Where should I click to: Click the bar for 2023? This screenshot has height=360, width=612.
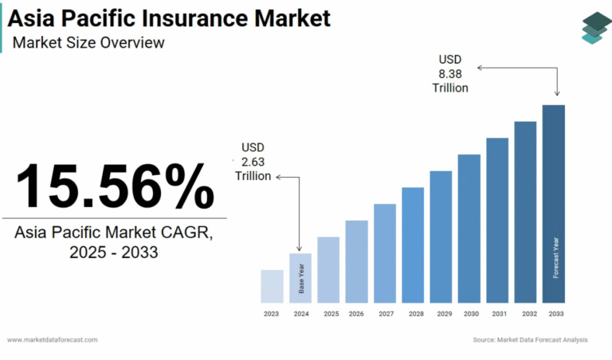pyautogui.click(x=272, y=286)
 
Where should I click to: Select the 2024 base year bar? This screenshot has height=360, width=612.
pyautogui.click(x=300, y=278)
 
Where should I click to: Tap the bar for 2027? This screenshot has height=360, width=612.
pyautogui.click(x=384, y=253)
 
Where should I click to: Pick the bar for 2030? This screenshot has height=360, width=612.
pyautogui.click(x=469, y=229)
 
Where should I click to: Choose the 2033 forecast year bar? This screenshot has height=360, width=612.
pyautogui.click(x=554, y=204)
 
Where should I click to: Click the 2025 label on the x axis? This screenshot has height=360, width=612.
pyautogui.click(x=331, y=315)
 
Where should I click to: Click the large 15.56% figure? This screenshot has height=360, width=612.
pyautogui.click(x=115, y=186)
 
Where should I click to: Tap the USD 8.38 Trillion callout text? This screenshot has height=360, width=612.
pyautogui.click(x=451, y=73)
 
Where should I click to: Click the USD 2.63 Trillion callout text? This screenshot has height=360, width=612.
pyautogui.click(x=253, y=162)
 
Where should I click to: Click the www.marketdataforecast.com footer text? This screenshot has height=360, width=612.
pyautogui.click(x=53, y=340)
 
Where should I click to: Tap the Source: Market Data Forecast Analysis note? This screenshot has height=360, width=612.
pyautogui.click(x=529, y=340)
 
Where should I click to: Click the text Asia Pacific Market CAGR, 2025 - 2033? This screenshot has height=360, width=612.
pyautogui.click(x=114, y=242)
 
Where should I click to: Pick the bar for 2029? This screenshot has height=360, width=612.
pyautogui.click(x=441, y=237)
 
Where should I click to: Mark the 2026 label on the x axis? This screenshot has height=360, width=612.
pyautogui.click(x=356, y=315)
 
